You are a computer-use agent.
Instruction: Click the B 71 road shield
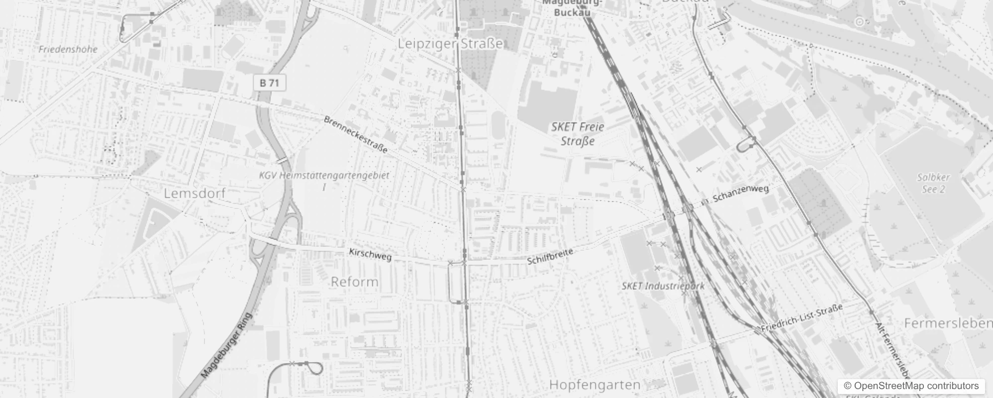tap(270, 83)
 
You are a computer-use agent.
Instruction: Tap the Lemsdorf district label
tap(195, 194)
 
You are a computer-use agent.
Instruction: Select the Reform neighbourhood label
tap(355, 282)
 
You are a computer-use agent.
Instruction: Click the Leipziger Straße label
tap(450, 44)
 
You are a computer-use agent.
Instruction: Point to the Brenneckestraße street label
tap(355, 134)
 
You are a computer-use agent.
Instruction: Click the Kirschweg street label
tap(370, 254)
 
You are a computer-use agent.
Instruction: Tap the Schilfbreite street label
tap(550, 256)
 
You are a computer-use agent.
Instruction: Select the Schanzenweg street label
tap(740, 194)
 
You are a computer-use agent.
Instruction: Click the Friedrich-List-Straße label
tap(801, 318)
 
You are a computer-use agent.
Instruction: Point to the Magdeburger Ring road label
tap(227, 345)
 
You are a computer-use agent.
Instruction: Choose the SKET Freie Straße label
tap(578, 134)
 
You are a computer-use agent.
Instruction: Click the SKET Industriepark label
tap(663, 286)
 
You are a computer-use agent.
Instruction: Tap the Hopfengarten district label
tap(595, 385)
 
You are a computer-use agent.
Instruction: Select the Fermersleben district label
tap(948, 323)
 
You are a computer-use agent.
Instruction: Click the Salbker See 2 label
tap(933, 183)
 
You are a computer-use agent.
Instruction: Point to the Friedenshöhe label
tap(68, 49)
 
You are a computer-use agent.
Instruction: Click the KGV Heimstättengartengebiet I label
tap(324, 181)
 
